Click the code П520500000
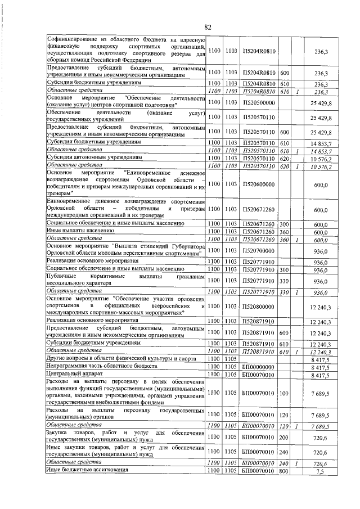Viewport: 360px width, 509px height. click(258, 102)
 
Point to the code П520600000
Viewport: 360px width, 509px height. click(258, 184)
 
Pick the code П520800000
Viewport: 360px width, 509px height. click(258, 305)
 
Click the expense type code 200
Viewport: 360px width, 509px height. click(284, 436)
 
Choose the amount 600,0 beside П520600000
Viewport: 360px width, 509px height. click(321, 184)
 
